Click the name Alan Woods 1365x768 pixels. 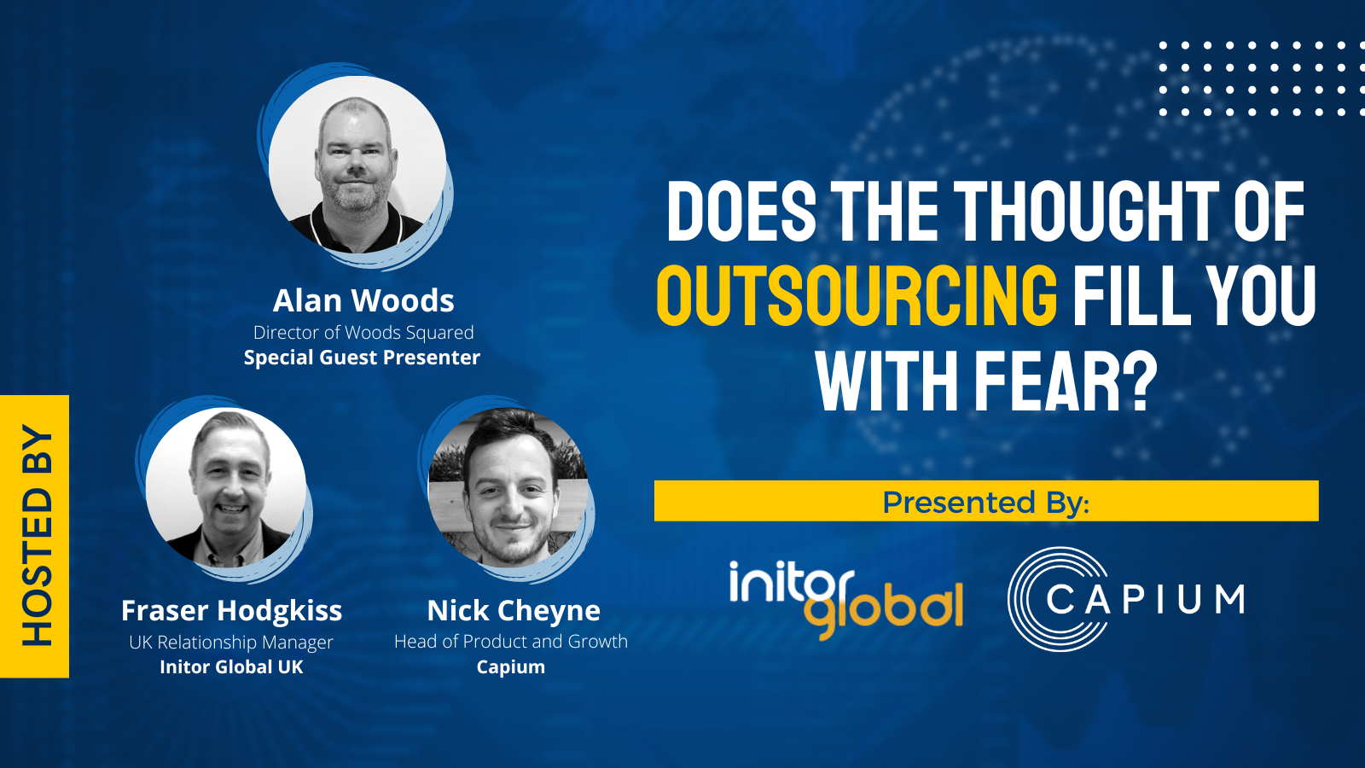pos(363,300)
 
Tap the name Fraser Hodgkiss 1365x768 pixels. pos(231,611)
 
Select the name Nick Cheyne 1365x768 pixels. pos(514,611)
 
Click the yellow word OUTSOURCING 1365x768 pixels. pos(857,296)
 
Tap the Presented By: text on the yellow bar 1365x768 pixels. pos(986,502)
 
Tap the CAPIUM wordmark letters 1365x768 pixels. pos(1146,599)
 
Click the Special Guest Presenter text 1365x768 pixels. pos(362,358)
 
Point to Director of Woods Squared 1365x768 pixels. pos(363,332)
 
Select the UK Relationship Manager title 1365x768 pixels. pos(231,643)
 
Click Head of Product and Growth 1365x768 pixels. pos(511,642)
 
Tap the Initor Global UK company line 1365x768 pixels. pos(231,666)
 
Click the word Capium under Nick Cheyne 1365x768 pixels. pos(511,667)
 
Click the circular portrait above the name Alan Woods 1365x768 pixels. pos(357,165)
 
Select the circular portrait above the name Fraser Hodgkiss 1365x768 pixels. pos(226,487)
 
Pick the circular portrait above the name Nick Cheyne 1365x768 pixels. pos(508,487)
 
